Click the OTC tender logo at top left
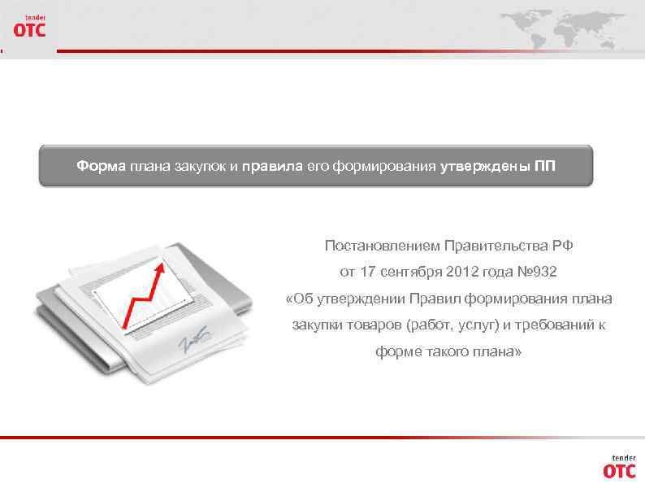click(x=29, y=27)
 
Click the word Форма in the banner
click(x=102, y=167)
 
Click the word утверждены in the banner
click(x=486, y=167)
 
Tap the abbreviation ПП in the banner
click(x=545, y=167)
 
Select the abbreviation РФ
click(x=563, y=245)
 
